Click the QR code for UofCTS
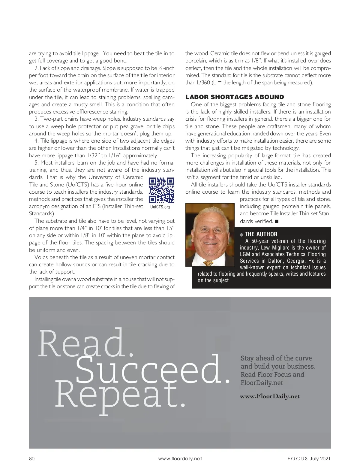(x=161, y=190)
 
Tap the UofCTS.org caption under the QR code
(x=160, y=207)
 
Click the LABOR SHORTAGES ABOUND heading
(x=235, y=97)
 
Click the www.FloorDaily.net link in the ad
(x=270, y=396)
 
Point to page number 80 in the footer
(x=32, y=458)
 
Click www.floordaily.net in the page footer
(x=180, y=458)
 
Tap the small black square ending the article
(x=277, y=221)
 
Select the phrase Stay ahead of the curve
(x=276, y=358)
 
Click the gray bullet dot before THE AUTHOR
(x=241, y=234)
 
